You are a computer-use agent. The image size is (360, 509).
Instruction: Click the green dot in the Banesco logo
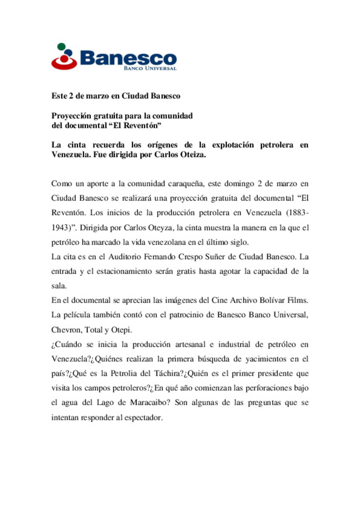point(61,47)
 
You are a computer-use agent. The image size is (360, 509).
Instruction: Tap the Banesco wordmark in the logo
point(128,58)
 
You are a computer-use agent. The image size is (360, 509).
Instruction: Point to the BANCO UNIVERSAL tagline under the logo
point(150,69)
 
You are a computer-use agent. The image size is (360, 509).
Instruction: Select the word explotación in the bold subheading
point(233,145)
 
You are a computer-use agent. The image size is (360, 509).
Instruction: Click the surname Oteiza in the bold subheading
point(193,155)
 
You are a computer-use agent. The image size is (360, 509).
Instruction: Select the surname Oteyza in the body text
point(158,228)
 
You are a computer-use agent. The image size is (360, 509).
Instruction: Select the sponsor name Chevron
point(66,330)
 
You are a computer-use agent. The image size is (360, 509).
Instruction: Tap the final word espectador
point(144,417)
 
